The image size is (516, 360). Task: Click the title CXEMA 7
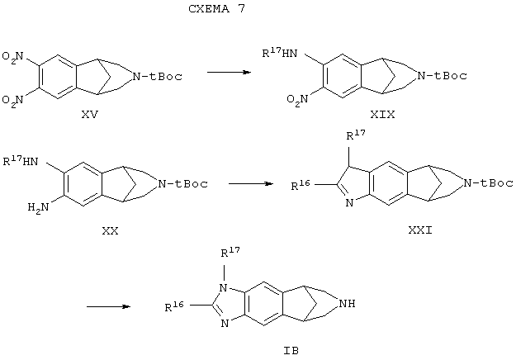click(x=217, y=8)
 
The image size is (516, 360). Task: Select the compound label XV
click(x=90, y=115)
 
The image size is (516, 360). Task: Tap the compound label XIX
click(x=382, y=115)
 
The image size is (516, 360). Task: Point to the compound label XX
click(x=111, y=230)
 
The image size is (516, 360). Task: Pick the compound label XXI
click(x=420, y=230)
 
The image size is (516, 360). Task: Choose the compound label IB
click(x=291, y=351)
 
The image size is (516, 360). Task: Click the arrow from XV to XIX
click(x=229, y=72)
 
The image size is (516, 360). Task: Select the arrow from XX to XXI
click(x=251, y=183)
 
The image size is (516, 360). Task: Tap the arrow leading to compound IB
click(x=109, y=306)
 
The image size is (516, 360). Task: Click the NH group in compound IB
click(x=348, y=303)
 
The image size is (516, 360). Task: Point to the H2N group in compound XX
click(x=38, y=207)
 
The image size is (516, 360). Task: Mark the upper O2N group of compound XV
click(x=13, y=56)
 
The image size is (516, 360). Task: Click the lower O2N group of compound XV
click(x=13, y=100)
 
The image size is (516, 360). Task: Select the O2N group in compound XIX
click(x=297, y=99)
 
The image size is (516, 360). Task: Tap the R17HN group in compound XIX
click(x=279, y=53)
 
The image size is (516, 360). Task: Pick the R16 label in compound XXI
click(x=301, y=185)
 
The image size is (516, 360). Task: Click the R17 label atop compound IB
click(x=230, y=252)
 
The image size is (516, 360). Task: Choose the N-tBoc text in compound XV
click(x=157, y=76)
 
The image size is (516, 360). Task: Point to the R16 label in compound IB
click(x=174, y=306)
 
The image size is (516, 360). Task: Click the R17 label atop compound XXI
click(x=356, y=135)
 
